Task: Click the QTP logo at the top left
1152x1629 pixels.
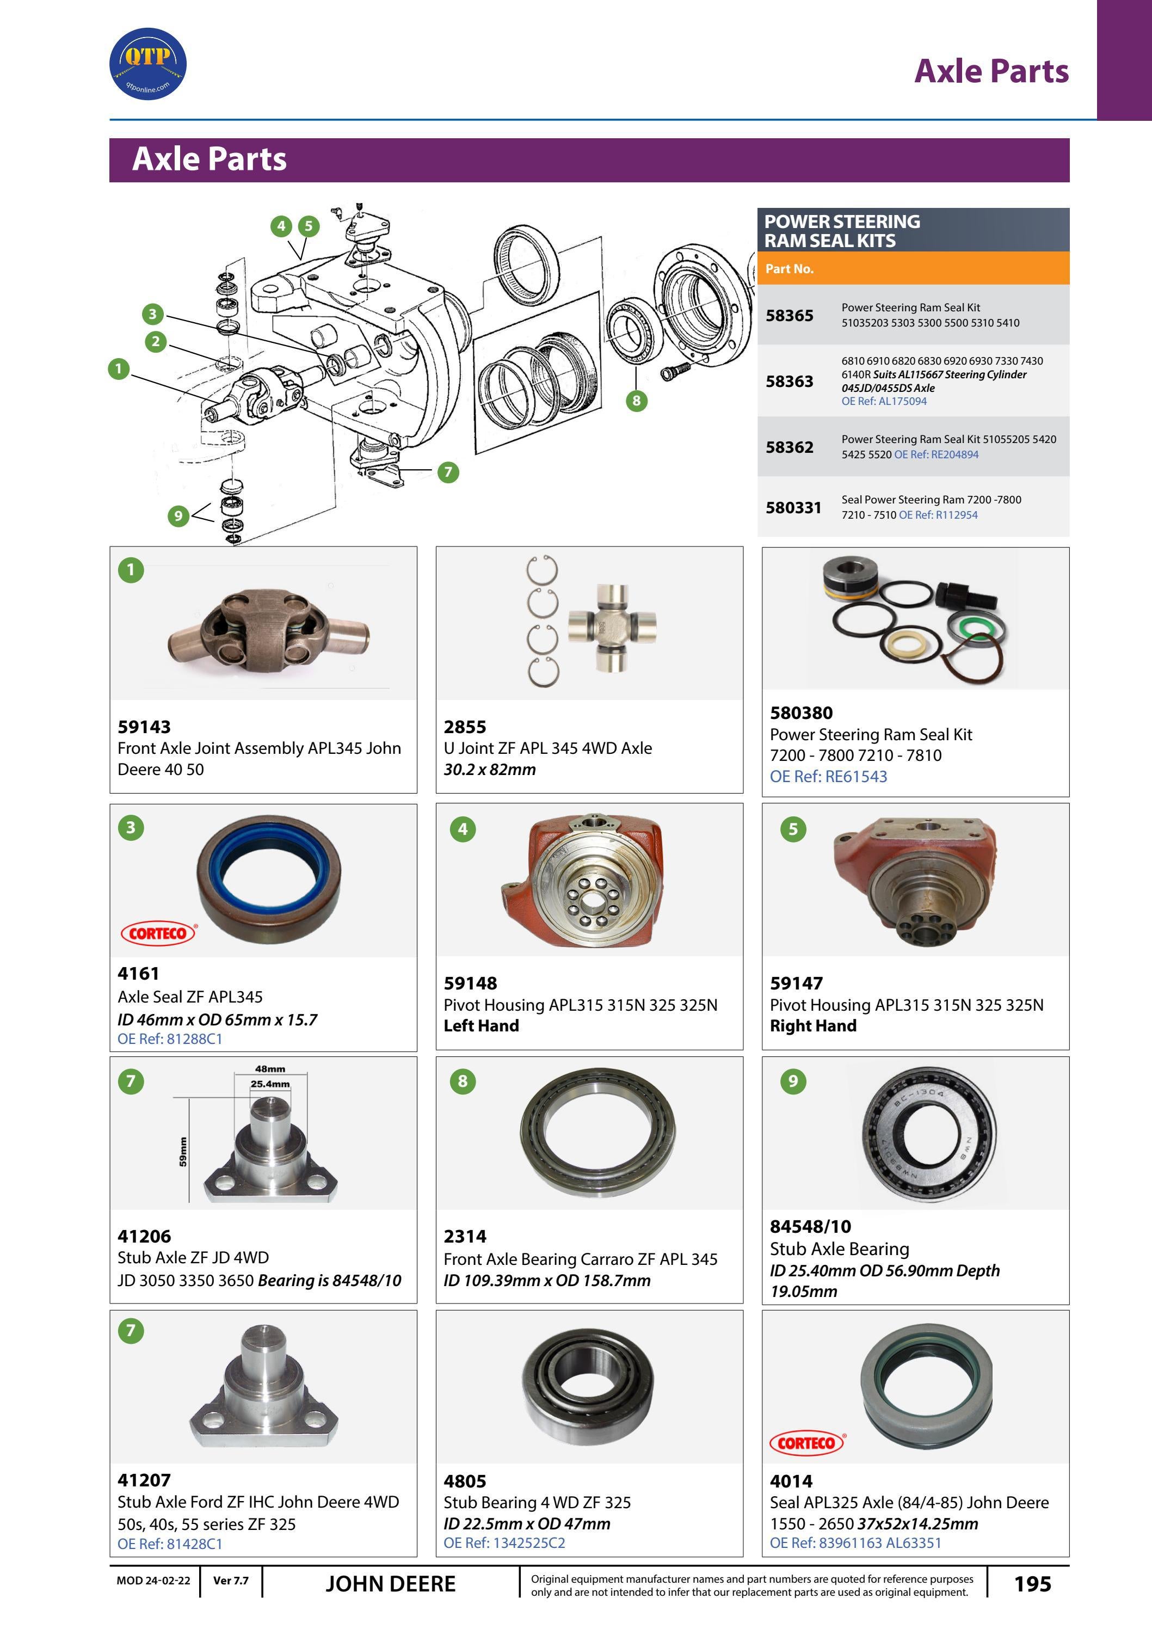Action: tap(147, 64)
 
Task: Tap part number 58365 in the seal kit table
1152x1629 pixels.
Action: tap(789, 316)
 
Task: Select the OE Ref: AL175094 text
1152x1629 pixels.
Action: tap(883, 402)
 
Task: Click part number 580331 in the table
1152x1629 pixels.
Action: tap(793, 508)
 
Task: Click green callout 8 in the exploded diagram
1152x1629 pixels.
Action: tap(636, 401)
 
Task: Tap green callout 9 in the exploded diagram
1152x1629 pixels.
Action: tap(178, 516)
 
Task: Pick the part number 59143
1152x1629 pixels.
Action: tap(144, 727)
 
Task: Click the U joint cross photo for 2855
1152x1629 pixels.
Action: tap(612, 628)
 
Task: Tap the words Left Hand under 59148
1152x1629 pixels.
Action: tap(481, 1026)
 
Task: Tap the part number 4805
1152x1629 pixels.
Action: tap(465, 1482)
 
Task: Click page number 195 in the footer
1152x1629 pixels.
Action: tap(1032, 1584)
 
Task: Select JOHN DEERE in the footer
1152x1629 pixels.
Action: tap(390, 1584)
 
